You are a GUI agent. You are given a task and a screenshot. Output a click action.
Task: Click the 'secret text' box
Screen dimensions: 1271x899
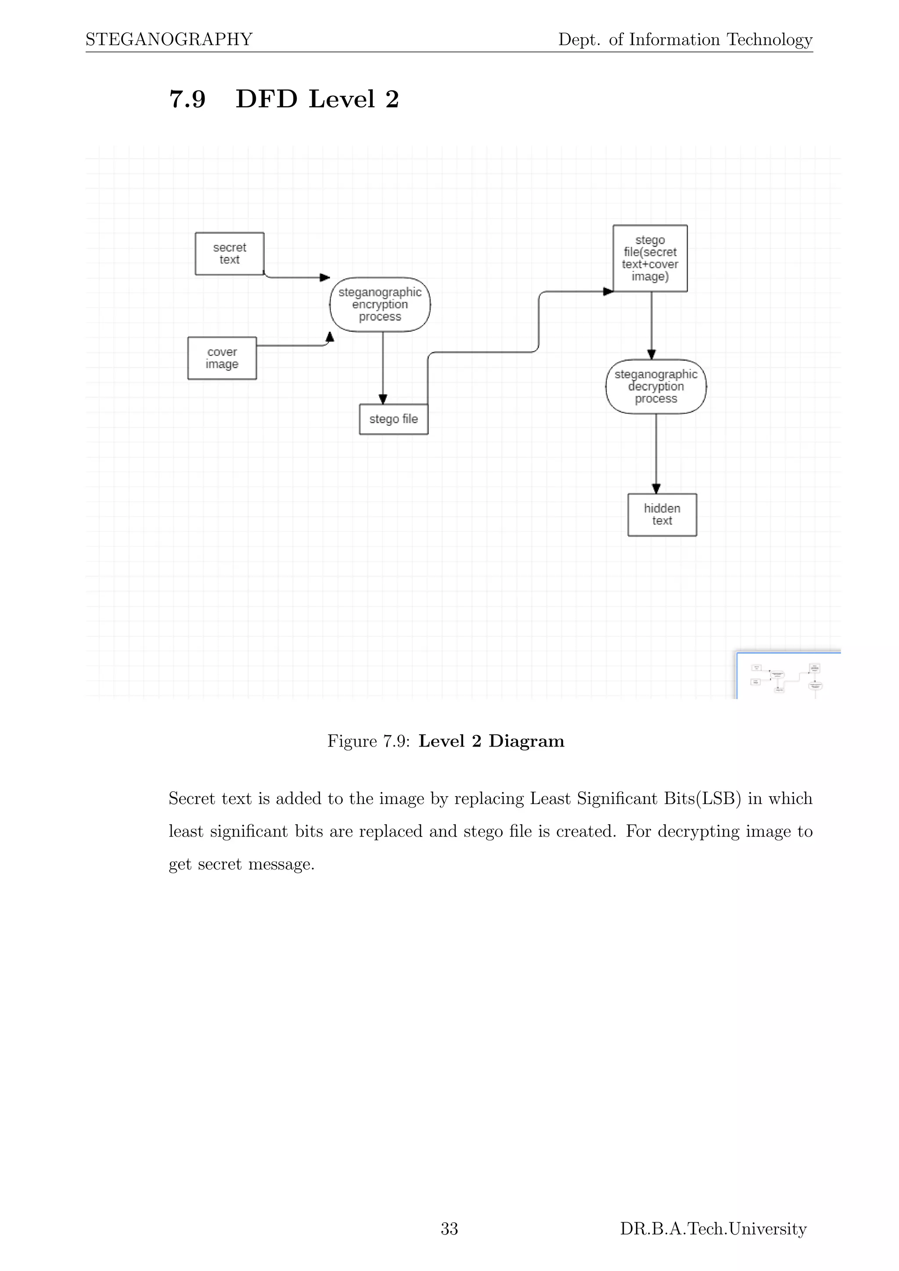pos(229,254)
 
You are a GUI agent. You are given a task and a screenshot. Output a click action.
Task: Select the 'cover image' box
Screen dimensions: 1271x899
pos(222,358)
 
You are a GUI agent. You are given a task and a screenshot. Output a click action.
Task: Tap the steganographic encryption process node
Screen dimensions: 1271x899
pos(380,305)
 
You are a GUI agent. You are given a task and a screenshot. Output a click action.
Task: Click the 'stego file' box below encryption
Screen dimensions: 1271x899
pos(394,419)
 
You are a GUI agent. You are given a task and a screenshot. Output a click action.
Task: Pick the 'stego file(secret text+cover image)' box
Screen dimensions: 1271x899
pos(650,258)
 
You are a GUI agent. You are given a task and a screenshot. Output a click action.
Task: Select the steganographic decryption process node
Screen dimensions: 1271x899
pos(656,386)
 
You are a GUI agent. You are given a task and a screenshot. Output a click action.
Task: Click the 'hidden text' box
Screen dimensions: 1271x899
pos(662,515)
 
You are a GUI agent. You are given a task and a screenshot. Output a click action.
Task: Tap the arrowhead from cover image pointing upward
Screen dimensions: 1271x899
pos(330,337)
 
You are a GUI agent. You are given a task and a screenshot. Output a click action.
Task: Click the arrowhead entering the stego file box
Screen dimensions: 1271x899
pos(382,399)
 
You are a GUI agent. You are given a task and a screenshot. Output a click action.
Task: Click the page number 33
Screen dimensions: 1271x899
pos(449,1228)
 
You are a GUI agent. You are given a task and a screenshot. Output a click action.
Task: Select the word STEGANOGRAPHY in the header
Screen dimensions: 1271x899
pos(169,39)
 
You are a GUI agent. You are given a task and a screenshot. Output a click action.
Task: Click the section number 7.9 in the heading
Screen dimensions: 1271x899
pos(187,99)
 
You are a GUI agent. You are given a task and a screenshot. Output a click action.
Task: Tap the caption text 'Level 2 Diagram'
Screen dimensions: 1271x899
pos(491,741)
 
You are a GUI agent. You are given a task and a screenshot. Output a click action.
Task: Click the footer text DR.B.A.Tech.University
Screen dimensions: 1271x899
pos(713,1228)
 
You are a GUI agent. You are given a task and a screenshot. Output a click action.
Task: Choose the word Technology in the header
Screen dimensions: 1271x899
pos(769,39)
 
